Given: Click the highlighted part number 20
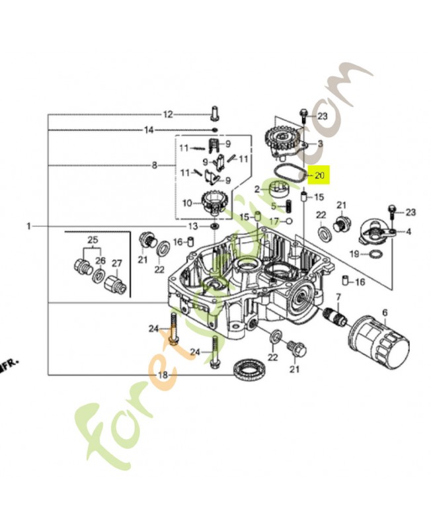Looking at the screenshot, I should [321, 175].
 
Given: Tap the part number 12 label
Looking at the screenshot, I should [168, 114].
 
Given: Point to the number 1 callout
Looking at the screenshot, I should [29, 226].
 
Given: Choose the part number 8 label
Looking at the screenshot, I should [154, 165].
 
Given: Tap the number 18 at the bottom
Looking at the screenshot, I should [163, 376].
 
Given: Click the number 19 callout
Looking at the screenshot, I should [354, 253].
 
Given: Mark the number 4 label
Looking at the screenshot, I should [409, 231].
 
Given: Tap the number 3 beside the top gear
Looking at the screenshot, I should [320, 143].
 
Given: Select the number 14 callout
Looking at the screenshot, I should [149, 130].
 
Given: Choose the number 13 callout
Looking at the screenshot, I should [192, 226].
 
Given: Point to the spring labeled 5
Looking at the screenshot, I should [288, 206].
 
